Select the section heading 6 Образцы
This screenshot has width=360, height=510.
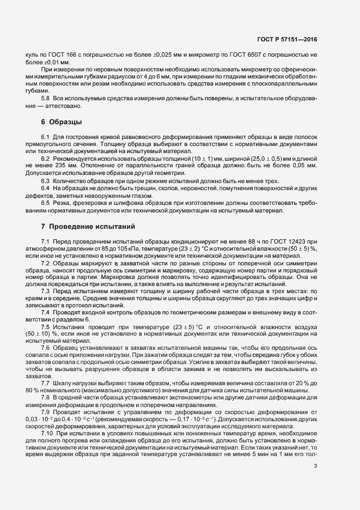tap(61, 121)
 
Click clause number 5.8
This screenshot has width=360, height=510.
tap(46, 97)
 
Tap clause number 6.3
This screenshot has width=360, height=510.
tap(46, 181)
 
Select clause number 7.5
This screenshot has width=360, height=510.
tap(46, 326)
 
